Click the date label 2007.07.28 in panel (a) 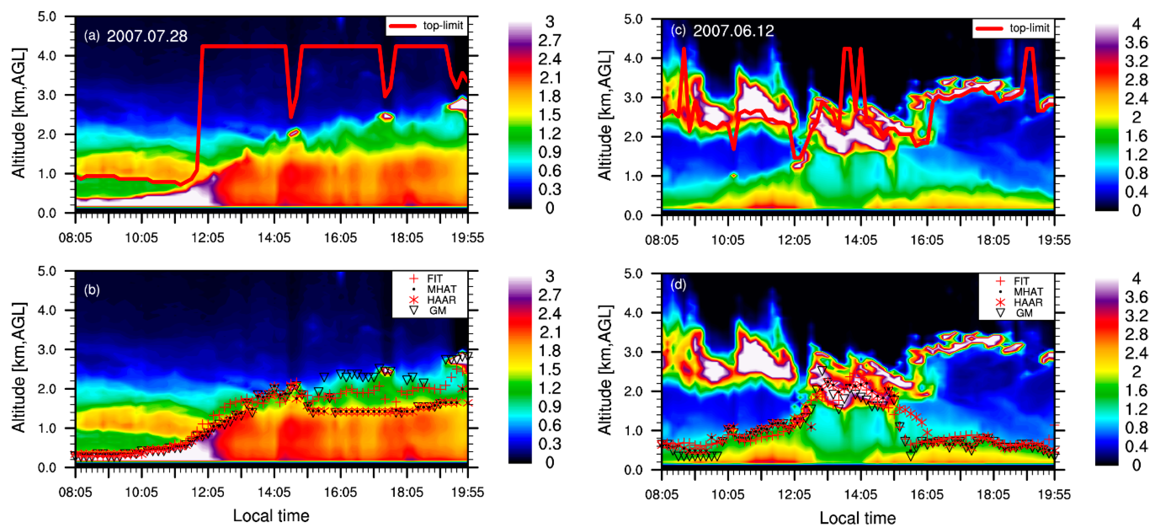point(147,36)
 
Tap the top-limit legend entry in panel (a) point(427,26)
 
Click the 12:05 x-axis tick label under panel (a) point(208,238)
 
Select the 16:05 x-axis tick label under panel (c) point(926,240)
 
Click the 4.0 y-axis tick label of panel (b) point(47,310)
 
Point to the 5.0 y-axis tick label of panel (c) point(633,19)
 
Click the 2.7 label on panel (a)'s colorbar point(549,40)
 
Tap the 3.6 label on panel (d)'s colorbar point(1136,297)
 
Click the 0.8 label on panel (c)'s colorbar point(1136,173)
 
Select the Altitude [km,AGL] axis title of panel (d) point(605,370)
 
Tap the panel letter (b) point(92,290)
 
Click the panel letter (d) point(678,285)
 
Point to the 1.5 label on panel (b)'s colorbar point(549,369)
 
